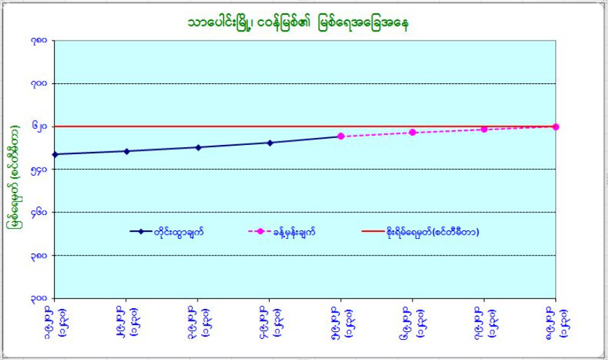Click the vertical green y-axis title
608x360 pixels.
coord(12,178)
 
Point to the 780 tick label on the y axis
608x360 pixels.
coord(39,41)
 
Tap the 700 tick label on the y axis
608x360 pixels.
coord(39,83)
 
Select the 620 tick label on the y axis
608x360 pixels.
coord(39,127)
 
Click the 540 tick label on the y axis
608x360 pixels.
coord(39,169)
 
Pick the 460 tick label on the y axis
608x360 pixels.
coord(39,212)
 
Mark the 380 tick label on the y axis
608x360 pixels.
coord(39,256)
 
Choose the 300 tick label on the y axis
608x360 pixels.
coord(39,298)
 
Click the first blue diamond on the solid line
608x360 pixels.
coord(55,154)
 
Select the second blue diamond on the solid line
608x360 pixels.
coord(127,151)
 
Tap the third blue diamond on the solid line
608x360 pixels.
coord(198,147)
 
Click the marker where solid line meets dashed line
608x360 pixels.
coord(341,136)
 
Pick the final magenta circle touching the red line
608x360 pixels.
coord(555,127)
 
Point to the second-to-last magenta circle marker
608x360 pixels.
coord(484,130)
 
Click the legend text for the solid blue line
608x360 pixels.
coord(179,232)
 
